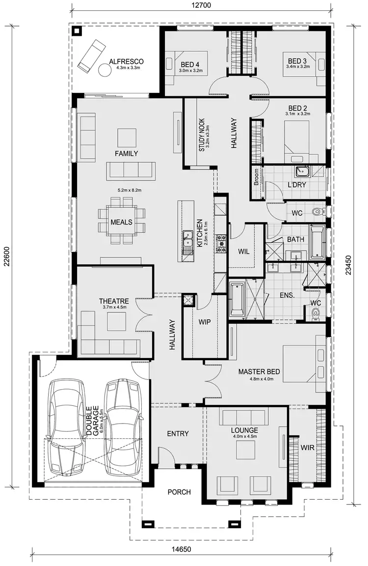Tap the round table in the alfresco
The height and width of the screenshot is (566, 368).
pyautogui.click(x=105, y=70)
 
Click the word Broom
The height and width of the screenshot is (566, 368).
pyautogui.click(x=256, y=177)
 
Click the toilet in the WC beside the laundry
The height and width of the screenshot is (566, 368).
pyautogui.click(x=317, y=212)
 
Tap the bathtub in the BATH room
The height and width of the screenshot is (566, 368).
pyautogui.click(x=317, y=243)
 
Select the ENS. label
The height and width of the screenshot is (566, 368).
pyautogui.click(x=287, y=296)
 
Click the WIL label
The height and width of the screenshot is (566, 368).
pyautogui.click(x=244, y=252)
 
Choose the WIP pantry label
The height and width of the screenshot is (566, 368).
pyautogui.click(x=205, y=322)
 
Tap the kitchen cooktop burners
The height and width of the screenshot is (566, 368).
pyautogui.click(x=221, y=242)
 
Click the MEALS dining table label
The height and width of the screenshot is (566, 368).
pyautogui.click(x=121, y=222)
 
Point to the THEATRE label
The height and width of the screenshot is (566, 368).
pyautogui.click(x=114, y=301)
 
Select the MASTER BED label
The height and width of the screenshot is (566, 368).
pyautogui.click(x=259, y=372)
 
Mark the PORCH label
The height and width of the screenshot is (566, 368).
pyautogui.click(x=179, y=492)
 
